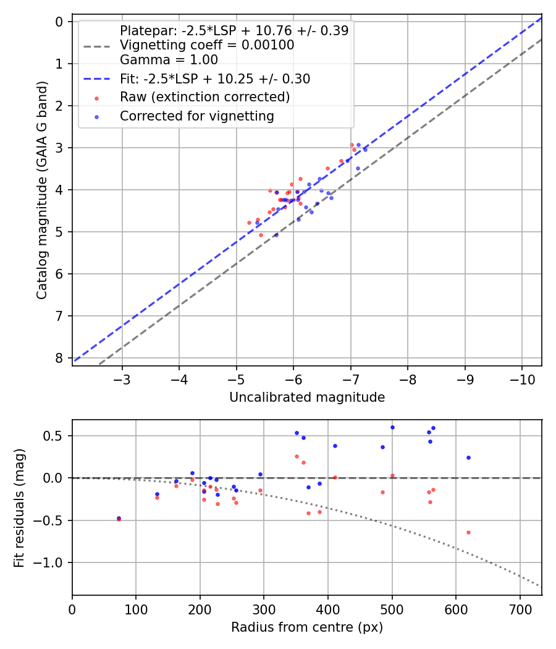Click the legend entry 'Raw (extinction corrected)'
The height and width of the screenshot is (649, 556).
click(x=204, y=97)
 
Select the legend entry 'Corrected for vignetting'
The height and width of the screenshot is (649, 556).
click(x=197, y=116)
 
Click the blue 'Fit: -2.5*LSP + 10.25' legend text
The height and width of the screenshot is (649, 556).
click(x=215, y=78)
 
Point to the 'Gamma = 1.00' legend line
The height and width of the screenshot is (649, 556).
click(x=169, y=60)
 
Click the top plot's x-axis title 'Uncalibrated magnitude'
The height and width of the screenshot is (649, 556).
click(x=307, y=397)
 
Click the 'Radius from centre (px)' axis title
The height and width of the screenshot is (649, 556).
click(x=307, y=627)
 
